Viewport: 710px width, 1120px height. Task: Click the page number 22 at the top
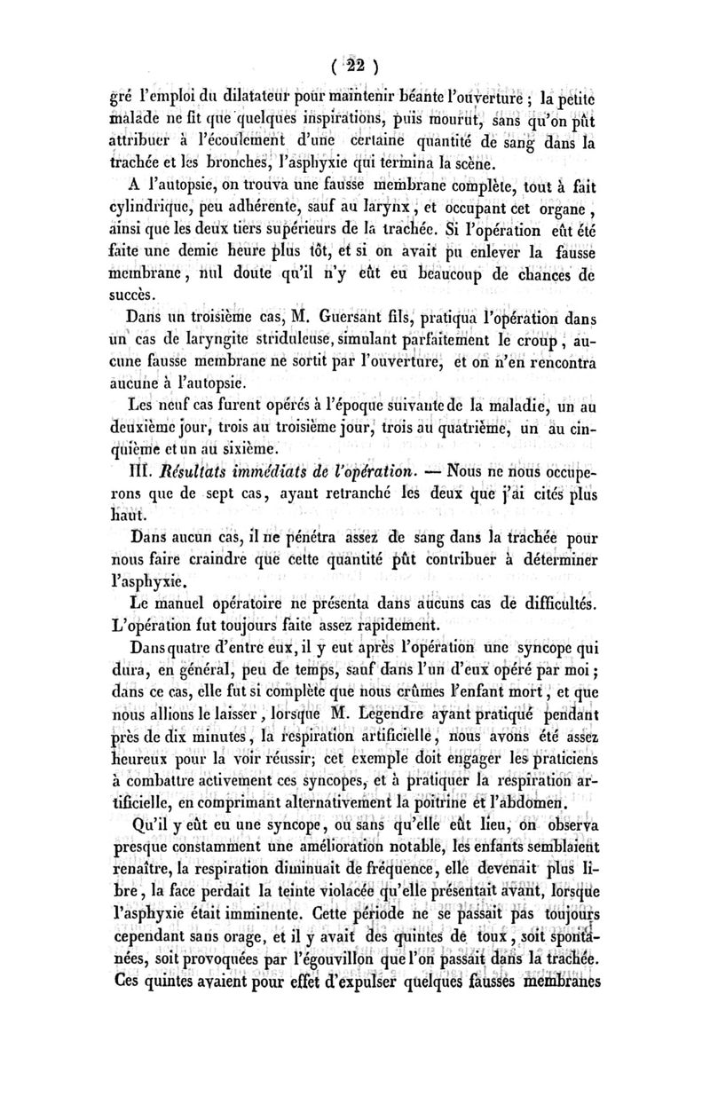355,65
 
